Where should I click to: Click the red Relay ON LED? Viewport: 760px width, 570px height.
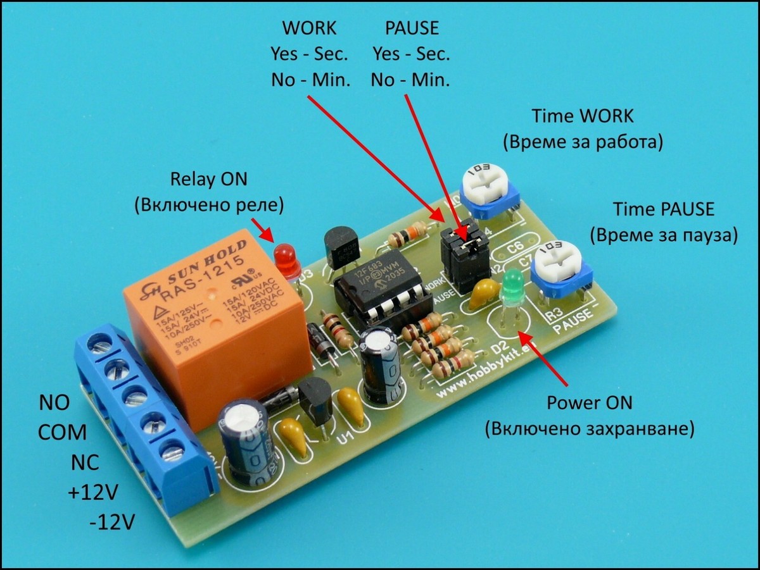click(287, 260)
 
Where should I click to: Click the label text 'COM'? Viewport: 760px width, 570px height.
click(62, 433)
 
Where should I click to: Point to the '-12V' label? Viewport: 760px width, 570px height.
click(112, 523)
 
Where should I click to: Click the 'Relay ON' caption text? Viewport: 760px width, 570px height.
click(208, 179)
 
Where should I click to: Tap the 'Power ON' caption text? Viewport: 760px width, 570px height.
click(589, 403)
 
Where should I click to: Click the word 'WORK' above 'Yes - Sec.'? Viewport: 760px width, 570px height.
click(309, 28)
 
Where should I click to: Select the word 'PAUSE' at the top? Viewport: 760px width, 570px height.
click(412, 28)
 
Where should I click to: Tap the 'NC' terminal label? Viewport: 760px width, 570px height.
click(85, 462)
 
